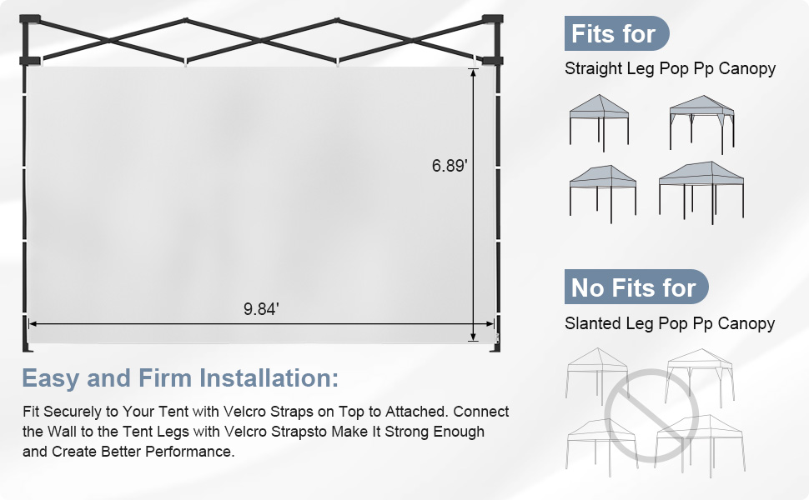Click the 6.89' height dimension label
coord(450,166)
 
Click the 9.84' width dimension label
coord(261,309)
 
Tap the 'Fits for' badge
coord(616,34)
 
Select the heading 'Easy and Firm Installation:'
coord(180,377)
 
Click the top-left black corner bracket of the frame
coord(32,19)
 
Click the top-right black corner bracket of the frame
coord(492,19)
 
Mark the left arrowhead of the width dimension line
coord(33,323)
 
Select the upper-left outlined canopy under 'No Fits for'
coord(596,373)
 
